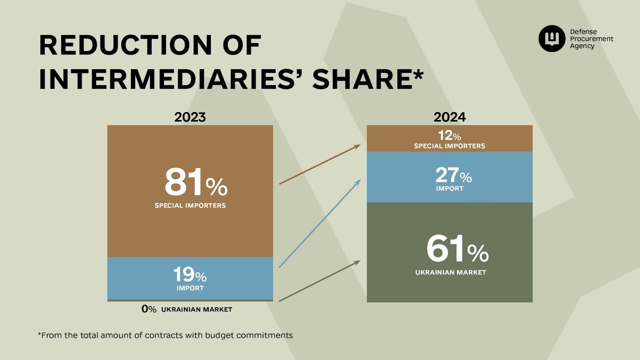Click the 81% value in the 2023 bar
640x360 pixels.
click(196, 182)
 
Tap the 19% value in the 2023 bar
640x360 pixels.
click(190, 275)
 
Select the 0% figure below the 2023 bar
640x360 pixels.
click(149, 309)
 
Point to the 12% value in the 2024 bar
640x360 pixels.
click(449, 136)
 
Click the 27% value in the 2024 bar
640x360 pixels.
click(453, 175)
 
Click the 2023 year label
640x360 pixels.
click(190, 117)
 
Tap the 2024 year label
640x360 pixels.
click(450, 117)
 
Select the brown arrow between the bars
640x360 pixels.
click(320, 164)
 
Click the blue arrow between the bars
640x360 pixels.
click(320, 224)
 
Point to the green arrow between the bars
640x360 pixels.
click(320, 281)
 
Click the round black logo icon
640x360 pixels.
click(552, 38)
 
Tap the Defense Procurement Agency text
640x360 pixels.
click(591, 39)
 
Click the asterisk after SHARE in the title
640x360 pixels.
click(418, 74)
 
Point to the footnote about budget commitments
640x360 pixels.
click(165, 335)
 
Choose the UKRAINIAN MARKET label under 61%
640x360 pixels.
click(450, 272)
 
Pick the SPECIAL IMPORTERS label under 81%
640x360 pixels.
click(190, 206)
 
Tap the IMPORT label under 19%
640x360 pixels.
click(190, 288)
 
